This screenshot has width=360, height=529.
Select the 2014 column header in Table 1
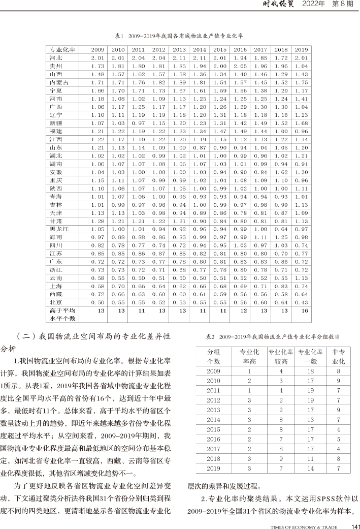(200, 50)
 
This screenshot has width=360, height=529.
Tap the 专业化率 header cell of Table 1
(62, 50)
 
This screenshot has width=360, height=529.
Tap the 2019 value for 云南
(301, 278)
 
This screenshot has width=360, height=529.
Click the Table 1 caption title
(179, 36)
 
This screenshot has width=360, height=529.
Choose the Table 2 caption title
(272, 336)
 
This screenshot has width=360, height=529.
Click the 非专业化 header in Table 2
(339, 356)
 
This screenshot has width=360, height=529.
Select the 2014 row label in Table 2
(214, 420)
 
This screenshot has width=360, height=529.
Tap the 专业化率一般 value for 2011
(312, 390)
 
